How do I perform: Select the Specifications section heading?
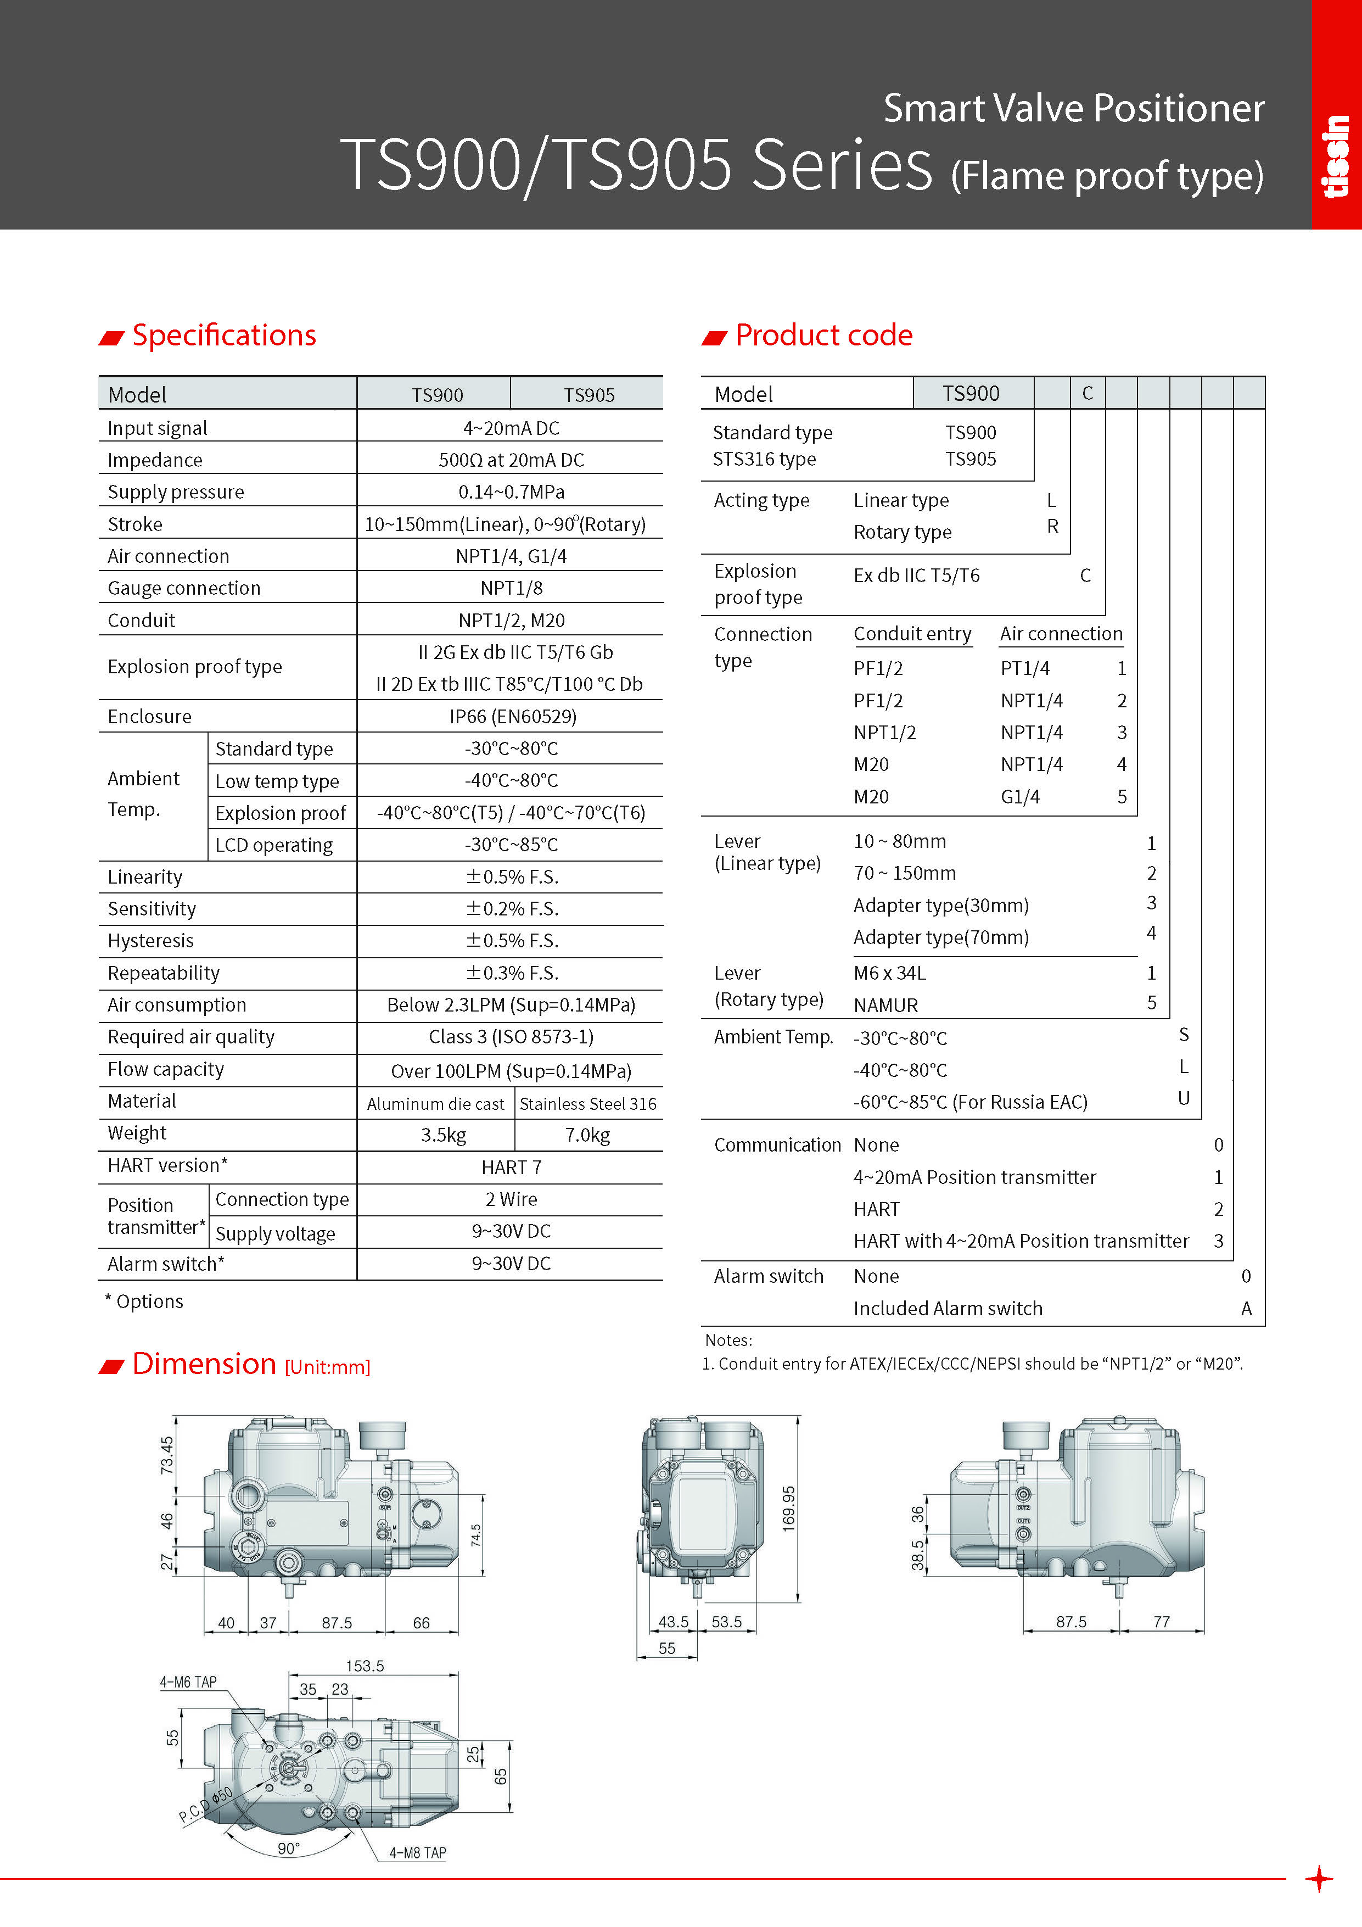point(223,335)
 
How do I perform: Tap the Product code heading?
point(823,335)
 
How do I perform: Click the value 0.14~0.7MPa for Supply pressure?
point(511,492)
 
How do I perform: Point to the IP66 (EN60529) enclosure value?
point(512,716)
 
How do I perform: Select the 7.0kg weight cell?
point(587,1135)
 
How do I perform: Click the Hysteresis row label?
point(150,941)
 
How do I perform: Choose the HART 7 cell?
point(511,1166)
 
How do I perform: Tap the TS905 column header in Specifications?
point(588,394)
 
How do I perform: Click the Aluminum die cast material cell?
point(435,1104)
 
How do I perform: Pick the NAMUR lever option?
point(885,1004)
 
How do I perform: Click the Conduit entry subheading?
point(912,634)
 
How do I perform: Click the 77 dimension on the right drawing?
point(1162,1622)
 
